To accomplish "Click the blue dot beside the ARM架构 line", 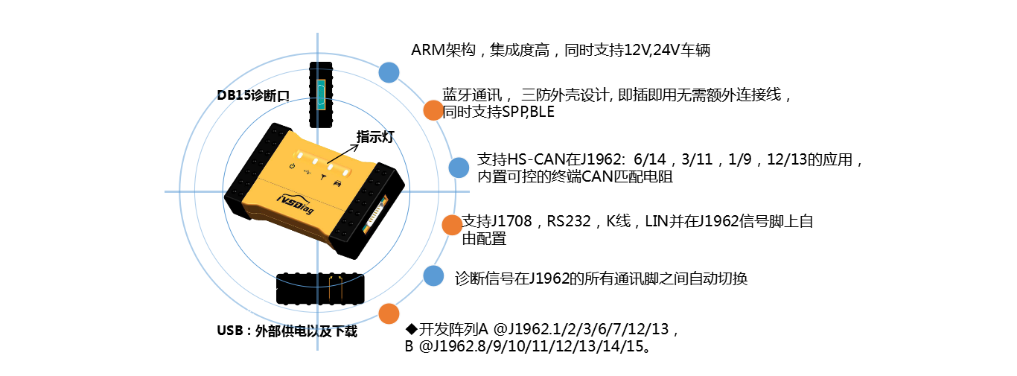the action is coord(389,72).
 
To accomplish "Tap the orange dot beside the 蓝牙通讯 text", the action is coord(433,110).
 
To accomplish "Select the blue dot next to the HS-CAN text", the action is coord(459,168).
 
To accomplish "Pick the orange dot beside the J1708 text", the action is coord(452,225).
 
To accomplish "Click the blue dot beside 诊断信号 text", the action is coord(433,275).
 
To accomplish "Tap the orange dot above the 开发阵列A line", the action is coord(389,313).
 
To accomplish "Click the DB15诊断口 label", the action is coord(253,95).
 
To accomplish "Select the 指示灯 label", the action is coord(375,137).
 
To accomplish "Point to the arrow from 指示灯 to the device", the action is coord(342,153).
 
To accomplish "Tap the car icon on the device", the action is coord(337,183).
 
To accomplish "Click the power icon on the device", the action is coord(292,166).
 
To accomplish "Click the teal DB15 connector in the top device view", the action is coord(321,95).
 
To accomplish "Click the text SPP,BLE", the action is coord(528,112).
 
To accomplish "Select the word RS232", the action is coord(568,221).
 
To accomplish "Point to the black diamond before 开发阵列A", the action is coord(411,328).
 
